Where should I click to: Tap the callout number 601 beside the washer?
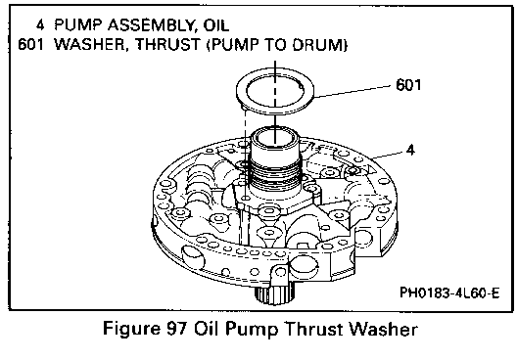408,85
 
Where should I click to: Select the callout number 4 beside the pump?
410,150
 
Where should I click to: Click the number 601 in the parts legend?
30,44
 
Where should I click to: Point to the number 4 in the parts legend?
40,24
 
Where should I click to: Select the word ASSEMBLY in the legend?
152,25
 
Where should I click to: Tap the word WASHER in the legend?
90,44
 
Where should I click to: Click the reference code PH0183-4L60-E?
449,292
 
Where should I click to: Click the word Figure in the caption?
131,329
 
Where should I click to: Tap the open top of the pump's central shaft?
275,137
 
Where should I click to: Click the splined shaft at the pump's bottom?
273,294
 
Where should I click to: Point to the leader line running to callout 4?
387,156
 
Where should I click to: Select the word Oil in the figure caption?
206,329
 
